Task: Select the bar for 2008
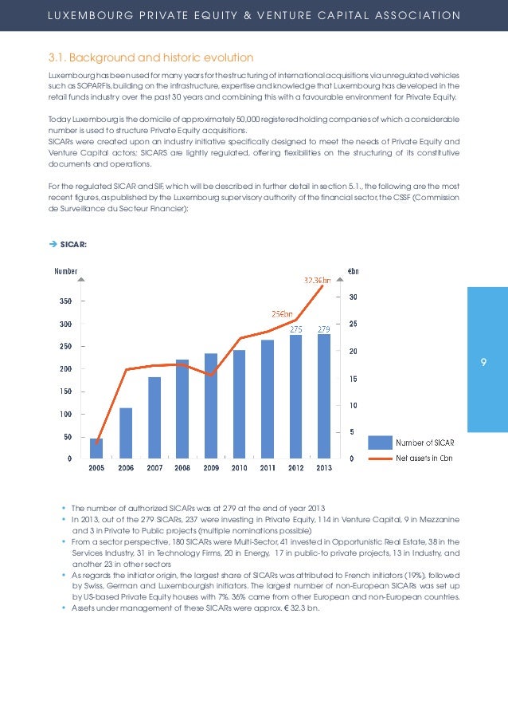pos(182,407)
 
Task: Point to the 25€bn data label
pos(282,313)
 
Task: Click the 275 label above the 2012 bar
pos(295,329)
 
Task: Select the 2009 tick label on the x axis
pos(211,468)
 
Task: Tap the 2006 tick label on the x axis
pos(125,468)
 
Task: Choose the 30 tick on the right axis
pos(353,297)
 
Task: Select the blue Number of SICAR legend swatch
pos(379,442)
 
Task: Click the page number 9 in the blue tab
pos(483,364)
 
